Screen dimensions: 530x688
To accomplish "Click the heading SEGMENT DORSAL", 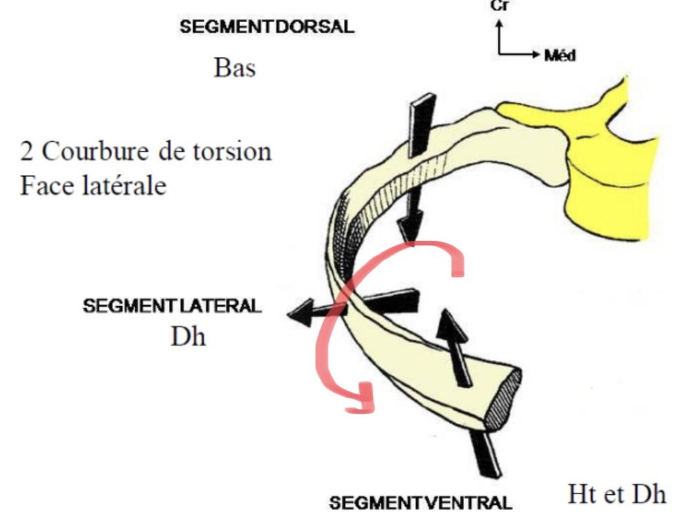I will coord(266,28).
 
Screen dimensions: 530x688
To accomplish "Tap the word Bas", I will coord(235,69).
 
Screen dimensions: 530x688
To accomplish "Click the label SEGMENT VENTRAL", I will coord(420,502).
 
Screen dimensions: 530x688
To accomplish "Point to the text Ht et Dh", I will coord(616,494).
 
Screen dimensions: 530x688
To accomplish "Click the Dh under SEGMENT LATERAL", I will coord(188,338).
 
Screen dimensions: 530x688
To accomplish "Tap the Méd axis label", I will coord(559,55).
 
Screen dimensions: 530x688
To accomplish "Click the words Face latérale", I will coord(93,185).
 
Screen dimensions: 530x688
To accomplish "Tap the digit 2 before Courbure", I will coord(27,151).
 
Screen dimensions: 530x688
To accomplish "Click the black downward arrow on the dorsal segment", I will coord(415,172).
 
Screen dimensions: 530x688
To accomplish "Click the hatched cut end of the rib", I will coord(504,399).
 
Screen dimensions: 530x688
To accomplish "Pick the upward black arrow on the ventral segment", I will coord(456,344).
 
